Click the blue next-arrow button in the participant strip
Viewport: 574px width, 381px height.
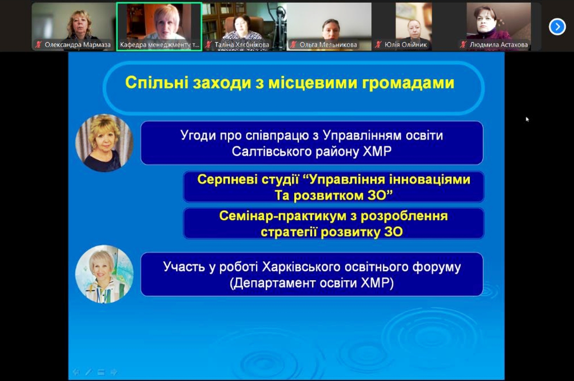(x=557, y=27)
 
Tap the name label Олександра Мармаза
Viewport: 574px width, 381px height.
(x=78, y=45)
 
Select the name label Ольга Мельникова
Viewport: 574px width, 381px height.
(x=328, y=45)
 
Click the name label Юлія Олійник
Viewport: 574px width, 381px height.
(x=405, y=45)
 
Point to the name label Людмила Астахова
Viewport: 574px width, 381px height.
(x=499, y=45)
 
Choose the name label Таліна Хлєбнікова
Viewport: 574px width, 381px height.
(x=242, y=45)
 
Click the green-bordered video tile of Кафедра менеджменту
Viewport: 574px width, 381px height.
(x=159, y=27)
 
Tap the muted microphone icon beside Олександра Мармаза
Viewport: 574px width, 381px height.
(x=38, y=45)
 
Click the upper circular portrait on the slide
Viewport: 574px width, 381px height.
(x=104, y=143)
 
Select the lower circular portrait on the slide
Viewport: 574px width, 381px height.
(x=104, y=274)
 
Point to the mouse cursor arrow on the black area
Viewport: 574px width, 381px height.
(x=527, y=119)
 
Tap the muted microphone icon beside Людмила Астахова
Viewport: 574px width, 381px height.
(x=463, y=45)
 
